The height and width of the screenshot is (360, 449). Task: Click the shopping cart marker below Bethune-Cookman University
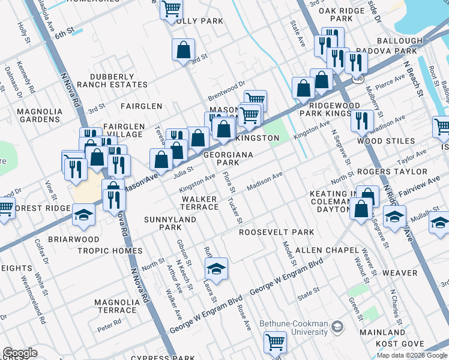(275, 342)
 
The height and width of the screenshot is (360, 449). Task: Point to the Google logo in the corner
(20, 353)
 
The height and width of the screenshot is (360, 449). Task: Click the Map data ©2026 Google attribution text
(412, 355)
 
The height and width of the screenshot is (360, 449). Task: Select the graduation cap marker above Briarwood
(83, 214)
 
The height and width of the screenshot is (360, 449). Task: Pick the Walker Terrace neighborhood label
(200, 203)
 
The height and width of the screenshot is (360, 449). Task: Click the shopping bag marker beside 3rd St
(184, 50)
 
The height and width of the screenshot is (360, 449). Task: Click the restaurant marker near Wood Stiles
(362, 121)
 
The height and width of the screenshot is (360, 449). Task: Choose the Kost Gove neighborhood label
(400, 343)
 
